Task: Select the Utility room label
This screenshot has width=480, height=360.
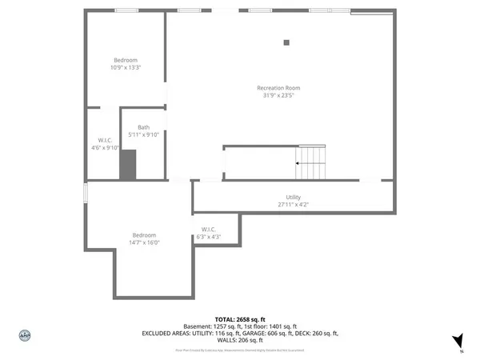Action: click(x=294, y=198)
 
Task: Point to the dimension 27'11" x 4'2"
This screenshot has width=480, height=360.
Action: click(x=294, y=205)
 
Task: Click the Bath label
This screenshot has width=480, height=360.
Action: click(x=143, y=127)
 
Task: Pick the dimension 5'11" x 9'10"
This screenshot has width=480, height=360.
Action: click(x=143, y=134)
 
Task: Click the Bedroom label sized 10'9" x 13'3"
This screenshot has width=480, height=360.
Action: click(x=126, y=61)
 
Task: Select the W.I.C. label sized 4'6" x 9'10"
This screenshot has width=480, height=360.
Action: click(x=103, y=141)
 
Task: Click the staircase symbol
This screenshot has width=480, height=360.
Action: click(x=310, y=163)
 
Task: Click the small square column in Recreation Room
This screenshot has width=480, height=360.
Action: click(x=286, y=43)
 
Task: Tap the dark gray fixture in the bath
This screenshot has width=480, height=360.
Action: click(x=128, y=165)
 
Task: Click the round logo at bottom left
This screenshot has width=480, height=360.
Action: click(x=25, y=335)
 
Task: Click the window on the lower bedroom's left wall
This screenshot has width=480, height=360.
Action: click(x=86, y=194)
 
